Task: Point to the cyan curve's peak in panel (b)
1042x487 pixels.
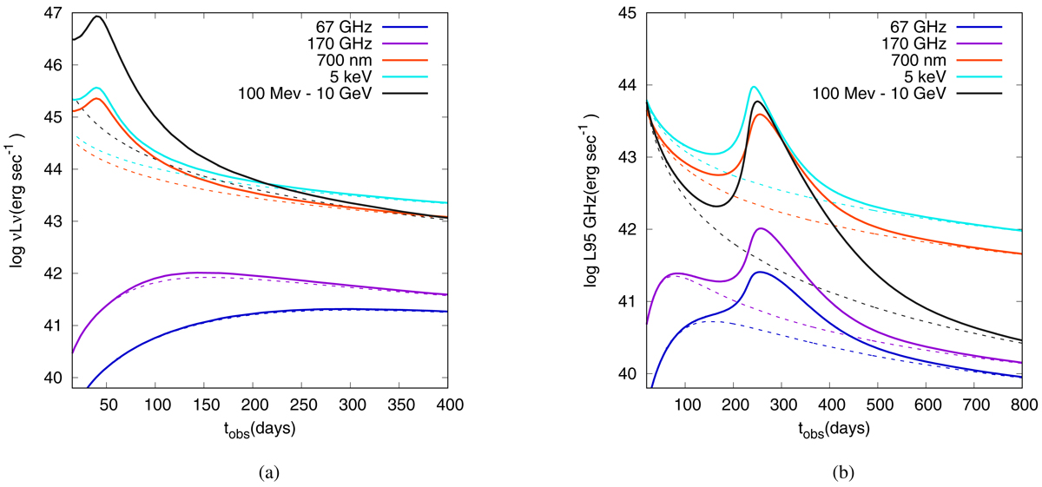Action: (x=754, y=87)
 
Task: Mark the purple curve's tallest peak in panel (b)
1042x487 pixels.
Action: (x=761, y=228)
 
